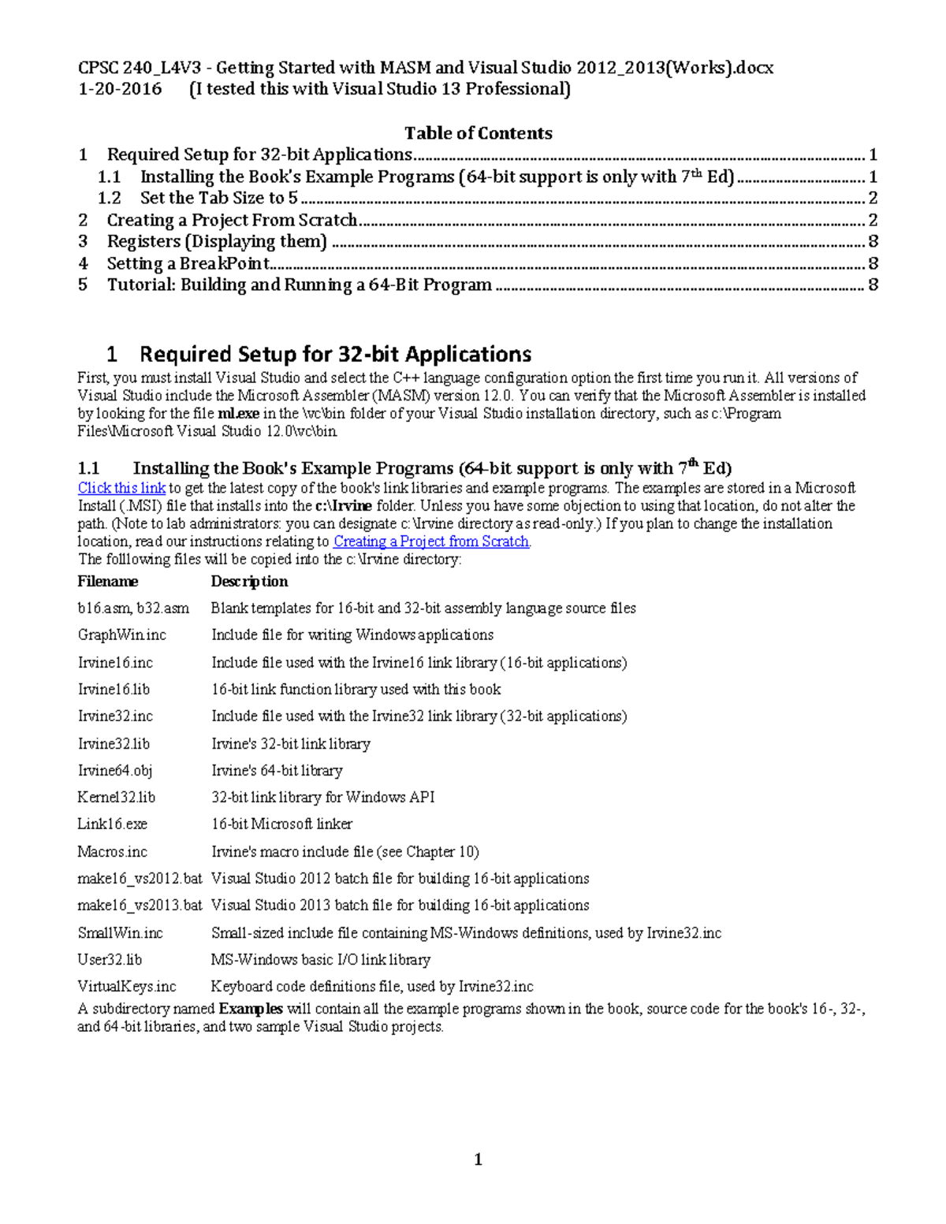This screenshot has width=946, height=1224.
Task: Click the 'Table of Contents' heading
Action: coord(478,133)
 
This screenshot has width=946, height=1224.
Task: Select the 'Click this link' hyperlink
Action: coord(121,488)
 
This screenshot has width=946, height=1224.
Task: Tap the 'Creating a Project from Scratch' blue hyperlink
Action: coord(431,541)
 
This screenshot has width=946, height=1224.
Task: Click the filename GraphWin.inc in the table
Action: coord(121,635)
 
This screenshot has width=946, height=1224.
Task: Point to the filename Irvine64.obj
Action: coord(114,771)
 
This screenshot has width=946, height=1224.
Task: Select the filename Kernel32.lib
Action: coord(116,798)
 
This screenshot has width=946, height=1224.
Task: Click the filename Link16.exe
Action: coord(112,824)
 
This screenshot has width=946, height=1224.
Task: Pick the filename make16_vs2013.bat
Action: coord(140,906)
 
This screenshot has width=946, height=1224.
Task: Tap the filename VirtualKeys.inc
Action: coord(126,987)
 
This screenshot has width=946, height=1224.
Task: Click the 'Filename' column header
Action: coord(107,582)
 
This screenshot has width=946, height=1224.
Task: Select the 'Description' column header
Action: coord(249,582)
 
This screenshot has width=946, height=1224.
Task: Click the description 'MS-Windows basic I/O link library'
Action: coord(320,960)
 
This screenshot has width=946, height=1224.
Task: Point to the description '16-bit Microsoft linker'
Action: coord(281,824)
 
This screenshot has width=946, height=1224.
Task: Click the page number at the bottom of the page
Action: coord(478,1159)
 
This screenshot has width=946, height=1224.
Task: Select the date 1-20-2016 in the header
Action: coord(119,89)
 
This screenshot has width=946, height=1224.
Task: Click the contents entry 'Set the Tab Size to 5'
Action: coord(218,198)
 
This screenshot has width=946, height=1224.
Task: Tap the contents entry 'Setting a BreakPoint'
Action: coord(188,263)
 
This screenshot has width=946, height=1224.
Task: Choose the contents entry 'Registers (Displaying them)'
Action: coord(216,241)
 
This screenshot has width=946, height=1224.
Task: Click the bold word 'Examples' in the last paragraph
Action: coord(250,1009)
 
